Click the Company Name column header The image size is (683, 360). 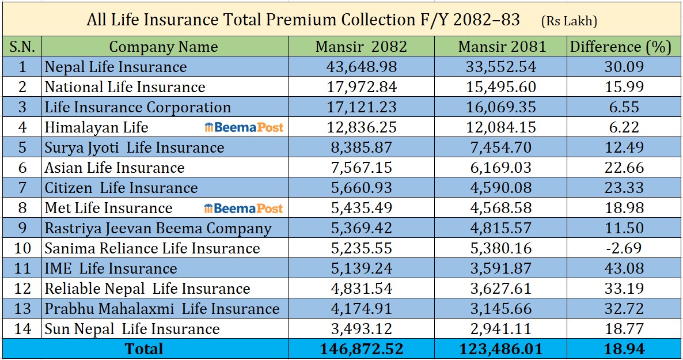tap(164, 47)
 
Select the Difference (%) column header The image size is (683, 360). tap(621, 47)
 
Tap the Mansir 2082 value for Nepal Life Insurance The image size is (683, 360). tap(361, 67)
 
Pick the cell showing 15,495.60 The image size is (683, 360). tap(500, 87)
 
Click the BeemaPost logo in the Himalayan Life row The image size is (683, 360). tap(244, 127)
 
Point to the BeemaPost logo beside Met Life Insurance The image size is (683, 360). tap(244, 208)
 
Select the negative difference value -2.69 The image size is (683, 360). tap(620, 248)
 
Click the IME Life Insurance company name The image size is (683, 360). tap(111, 268)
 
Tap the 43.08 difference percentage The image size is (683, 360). tap(620, 268)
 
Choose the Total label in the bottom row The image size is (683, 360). tap(145, 349)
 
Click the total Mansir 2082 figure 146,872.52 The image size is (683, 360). tap(361, 349)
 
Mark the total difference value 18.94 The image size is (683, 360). tap(620, 349)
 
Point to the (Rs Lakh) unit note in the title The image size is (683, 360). tap(569, 21)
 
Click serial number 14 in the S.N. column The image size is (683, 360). tap(22, 329)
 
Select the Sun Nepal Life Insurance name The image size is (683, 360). tap(132, 329)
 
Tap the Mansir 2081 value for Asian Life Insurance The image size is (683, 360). tap(500, 168)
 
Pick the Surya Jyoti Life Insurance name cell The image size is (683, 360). tap(134, 147)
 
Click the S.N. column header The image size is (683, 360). tap(22, 47)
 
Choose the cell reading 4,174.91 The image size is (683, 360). tap(361, 309)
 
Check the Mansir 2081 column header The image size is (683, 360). tap(500, 47)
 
